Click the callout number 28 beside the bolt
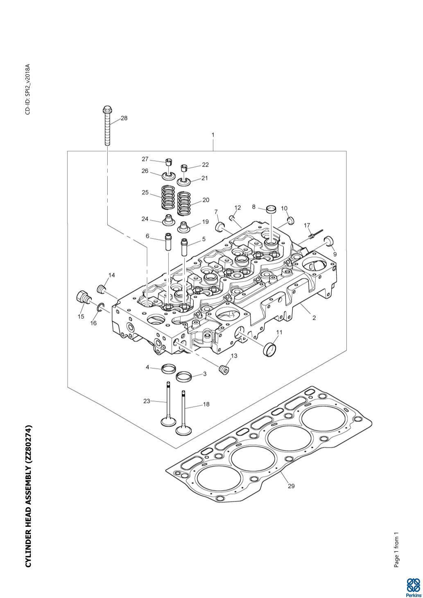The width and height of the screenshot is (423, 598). click(124, 118)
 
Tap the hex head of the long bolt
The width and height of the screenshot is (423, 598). click(106, 110)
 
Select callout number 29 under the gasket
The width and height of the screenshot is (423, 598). click(291, 486)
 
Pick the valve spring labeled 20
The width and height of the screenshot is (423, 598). click(185, 203)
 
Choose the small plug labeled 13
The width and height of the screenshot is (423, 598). click(224, 369)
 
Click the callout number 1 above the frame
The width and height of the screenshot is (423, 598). click(213, 135)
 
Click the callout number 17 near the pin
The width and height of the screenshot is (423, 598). click(307, 226)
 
